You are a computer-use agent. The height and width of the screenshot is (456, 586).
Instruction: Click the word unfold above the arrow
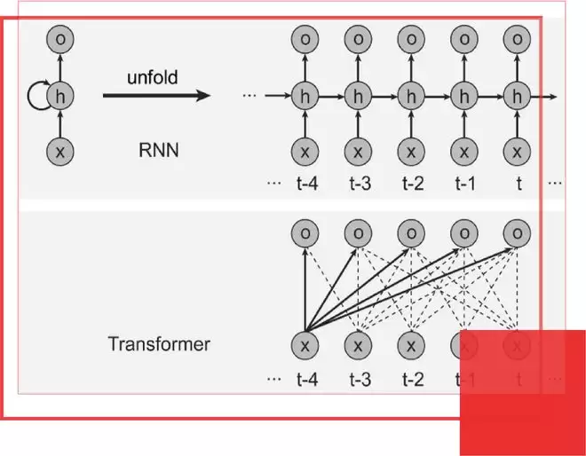coord(152,77)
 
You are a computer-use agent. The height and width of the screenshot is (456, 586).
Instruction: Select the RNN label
coord(159,150)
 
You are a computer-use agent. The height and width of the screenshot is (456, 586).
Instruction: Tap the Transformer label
coord(160,343)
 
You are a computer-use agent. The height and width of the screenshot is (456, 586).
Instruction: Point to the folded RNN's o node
coord(60,39)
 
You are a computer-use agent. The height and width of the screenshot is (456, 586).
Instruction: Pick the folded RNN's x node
coord(60,151)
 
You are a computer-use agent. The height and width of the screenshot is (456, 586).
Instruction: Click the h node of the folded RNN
coord(60,95)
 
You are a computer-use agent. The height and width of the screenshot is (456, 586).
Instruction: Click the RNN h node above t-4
coord(305,95)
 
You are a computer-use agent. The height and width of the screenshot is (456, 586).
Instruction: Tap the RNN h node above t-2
coord(410,95)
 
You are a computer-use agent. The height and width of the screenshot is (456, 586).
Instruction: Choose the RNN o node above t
coord(516,39)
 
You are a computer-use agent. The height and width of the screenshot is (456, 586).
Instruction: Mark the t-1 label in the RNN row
coord(464,184)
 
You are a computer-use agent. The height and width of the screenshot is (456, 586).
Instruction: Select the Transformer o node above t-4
coord(305,232)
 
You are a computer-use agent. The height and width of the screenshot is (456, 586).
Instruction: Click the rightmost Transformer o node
coord(516,232)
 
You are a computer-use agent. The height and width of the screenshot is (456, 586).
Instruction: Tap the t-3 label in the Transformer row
coord(359,380)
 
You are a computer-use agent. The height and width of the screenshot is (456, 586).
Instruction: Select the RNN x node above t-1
coord(463,151)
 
